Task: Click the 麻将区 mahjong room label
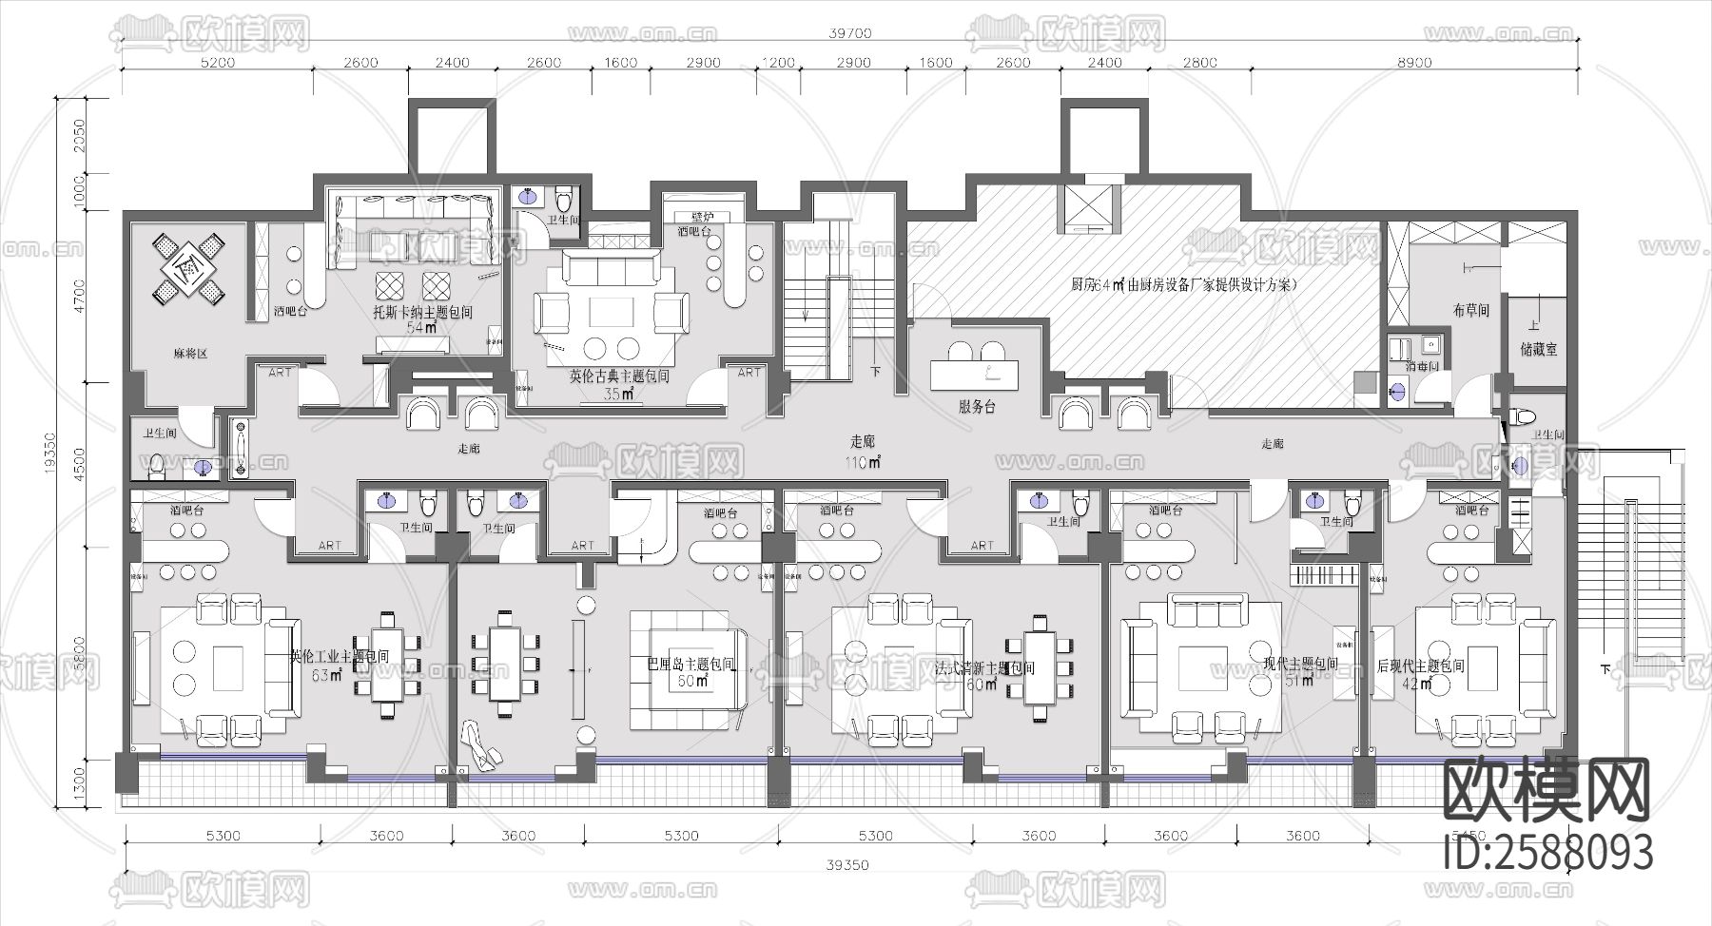[x=190, y=353]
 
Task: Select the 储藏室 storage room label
[x=1538, y=349]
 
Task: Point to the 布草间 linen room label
[x=1470, y=310]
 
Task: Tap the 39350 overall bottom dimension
[x=847, y=866]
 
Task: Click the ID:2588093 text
[x=1547, y=852]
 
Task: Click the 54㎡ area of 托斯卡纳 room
[x=421, y=328]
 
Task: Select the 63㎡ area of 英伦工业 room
[x=326, y=676]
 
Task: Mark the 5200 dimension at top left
[x=218, y=63]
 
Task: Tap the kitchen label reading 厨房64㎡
[x=1099, y=284]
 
